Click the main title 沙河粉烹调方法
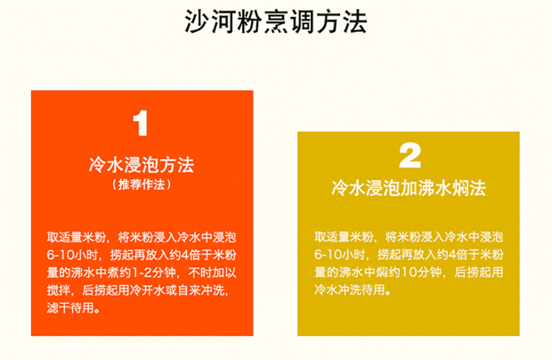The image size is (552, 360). [x=276, y=22]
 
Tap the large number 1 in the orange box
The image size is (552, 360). [x=141, y=123]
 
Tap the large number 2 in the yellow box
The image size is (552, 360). [x=410, y=155]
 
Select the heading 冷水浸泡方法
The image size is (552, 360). [x=142, y=165]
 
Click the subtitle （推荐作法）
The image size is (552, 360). [x=142, y=184]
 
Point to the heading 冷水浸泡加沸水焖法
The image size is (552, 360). [x=409, y=188]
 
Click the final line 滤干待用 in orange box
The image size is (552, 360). [x=70, y=308]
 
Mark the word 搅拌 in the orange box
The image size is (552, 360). [x=59, y=290]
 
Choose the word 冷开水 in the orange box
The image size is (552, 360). [x=148, y=290]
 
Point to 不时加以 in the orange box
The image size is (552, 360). [x=212, y=273]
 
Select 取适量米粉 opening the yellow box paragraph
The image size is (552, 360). [x=344, y=237]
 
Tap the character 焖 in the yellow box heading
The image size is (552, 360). [x=459, y=188]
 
